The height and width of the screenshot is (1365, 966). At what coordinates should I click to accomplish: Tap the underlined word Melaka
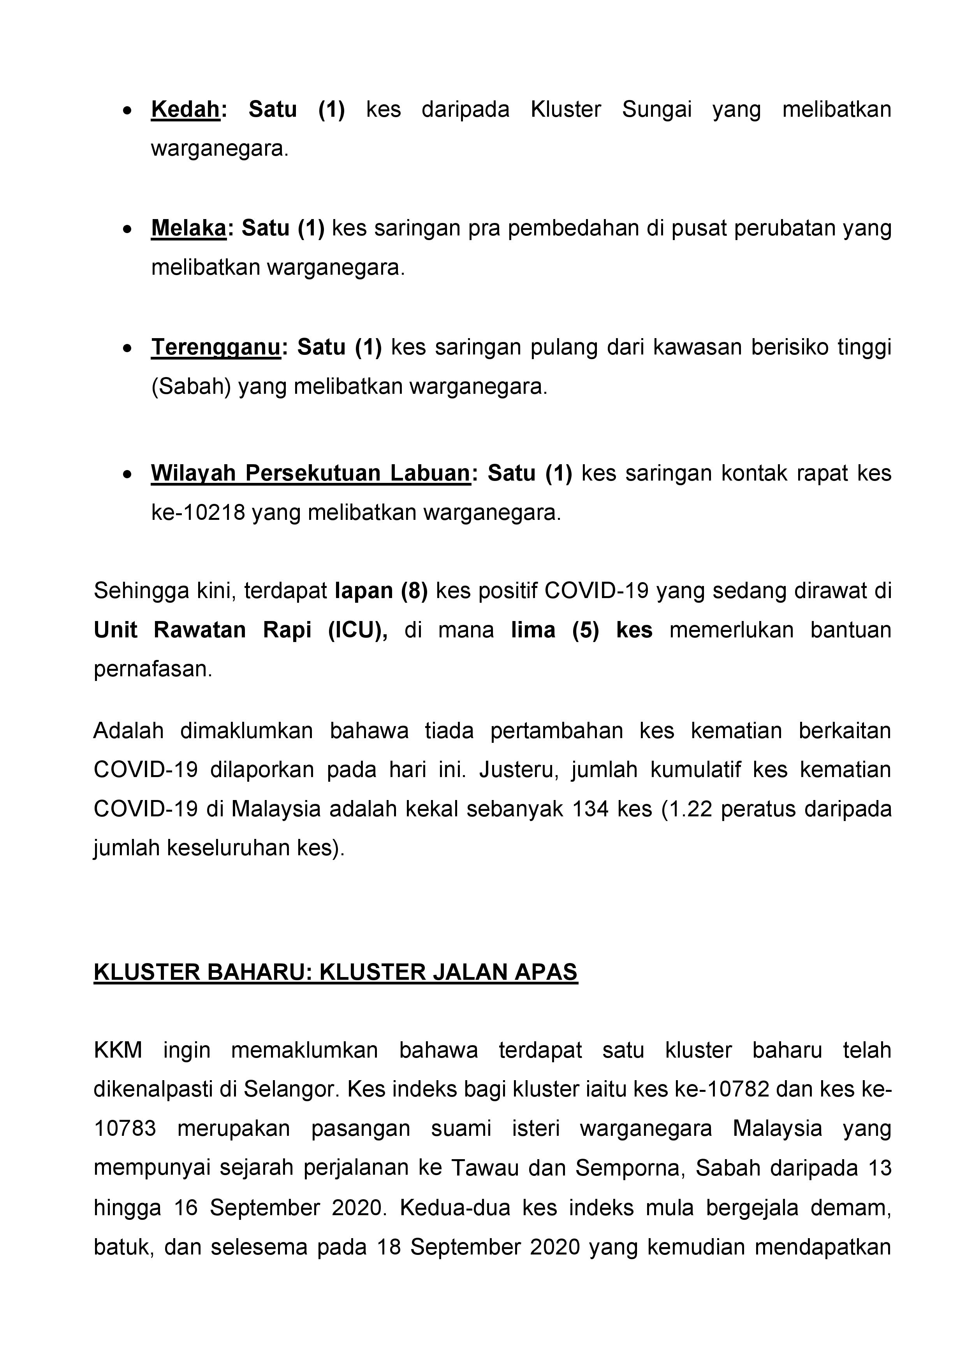point(188,228)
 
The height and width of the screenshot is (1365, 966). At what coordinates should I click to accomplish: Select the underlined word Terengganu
point(215,347)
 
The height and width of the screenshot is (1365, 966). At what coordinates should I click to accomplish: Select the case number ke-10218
point(198,512)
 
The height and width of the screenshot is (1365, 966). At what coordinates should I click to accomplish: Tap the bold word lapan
point(364,591)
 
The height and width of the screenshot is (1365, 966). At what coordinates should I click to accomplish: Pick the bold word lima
point(533,630)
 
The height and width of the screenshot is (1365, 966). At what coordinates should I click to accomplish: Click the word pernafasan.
point(153,669)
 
